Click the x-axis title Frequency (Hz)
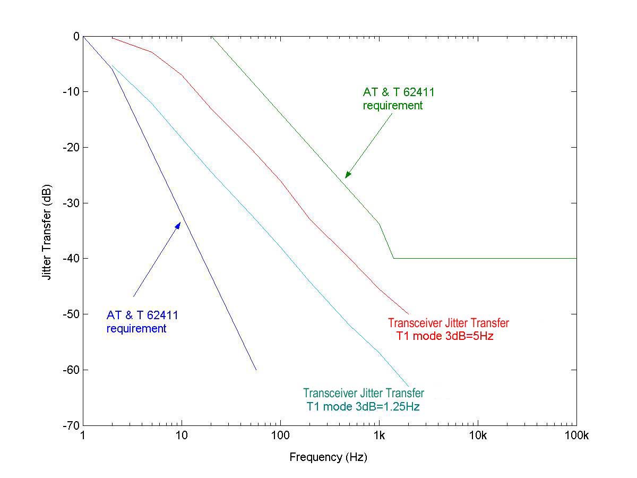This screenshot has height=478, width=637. (x=329, y=457)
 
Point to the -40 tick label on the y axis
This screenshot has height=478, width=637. (x=71, y=259)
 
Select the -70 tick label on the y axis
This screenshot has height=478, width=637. (x=71, y=425)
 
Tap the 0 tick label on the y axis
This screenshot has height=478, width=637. (x=76, y=36)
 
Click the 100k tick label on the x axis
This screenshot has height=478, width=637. (x=576, y=436)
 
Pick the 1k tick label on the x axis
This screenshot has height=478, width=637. (x=379, y=436)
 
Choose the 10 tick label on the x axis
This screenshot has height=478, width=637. (x=182, y=436)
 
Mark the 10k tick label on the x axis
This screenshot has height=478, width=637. (x=478, y=436)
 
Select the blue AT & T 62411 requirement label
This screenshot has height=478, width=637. (x=142, y=322)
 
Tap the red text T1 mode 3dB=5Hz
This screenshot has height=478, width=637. (x=445, y=336)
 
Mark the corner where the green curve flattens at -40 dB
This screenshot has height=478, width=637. (x=393, y=258)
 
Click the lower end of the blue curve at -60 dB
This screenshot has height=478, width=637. (x=256, y=370)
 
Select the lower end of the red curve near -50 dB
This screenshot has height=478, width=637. (x=408, y=314)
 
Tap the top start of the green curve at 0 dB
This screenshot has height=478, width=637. (x=212, y=37)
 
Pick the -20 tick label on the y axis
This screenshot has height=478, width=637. (x=71, y=148)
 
